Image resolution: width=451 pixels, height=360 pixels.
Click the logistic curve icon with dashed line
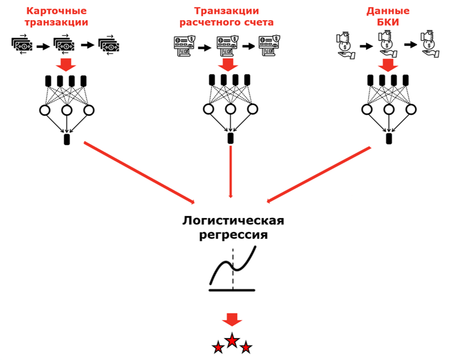(232, 270)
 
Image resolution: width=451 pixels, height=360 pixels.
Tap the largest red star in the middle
(231, 340)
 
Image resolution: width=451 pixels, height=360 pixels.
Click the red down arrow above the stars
(231, 320)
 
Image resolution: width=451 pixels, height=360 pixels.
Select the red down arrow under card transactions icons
(66, 64)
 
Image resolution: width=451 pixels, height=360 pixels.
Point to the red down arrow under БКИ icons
(388, 64)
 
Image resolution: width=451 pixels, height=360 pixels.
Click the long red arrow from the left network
(138, 172)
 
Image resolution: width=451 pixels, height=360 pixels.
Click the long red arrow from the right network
(319, 174)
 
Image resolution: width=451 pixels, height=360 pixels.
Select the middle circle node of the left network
(66, 111)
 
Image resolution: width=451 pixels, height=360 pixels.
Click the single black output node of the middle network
(230, 139)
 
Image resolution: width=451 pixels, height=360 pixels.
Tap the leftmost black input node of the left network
(48, 81)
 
